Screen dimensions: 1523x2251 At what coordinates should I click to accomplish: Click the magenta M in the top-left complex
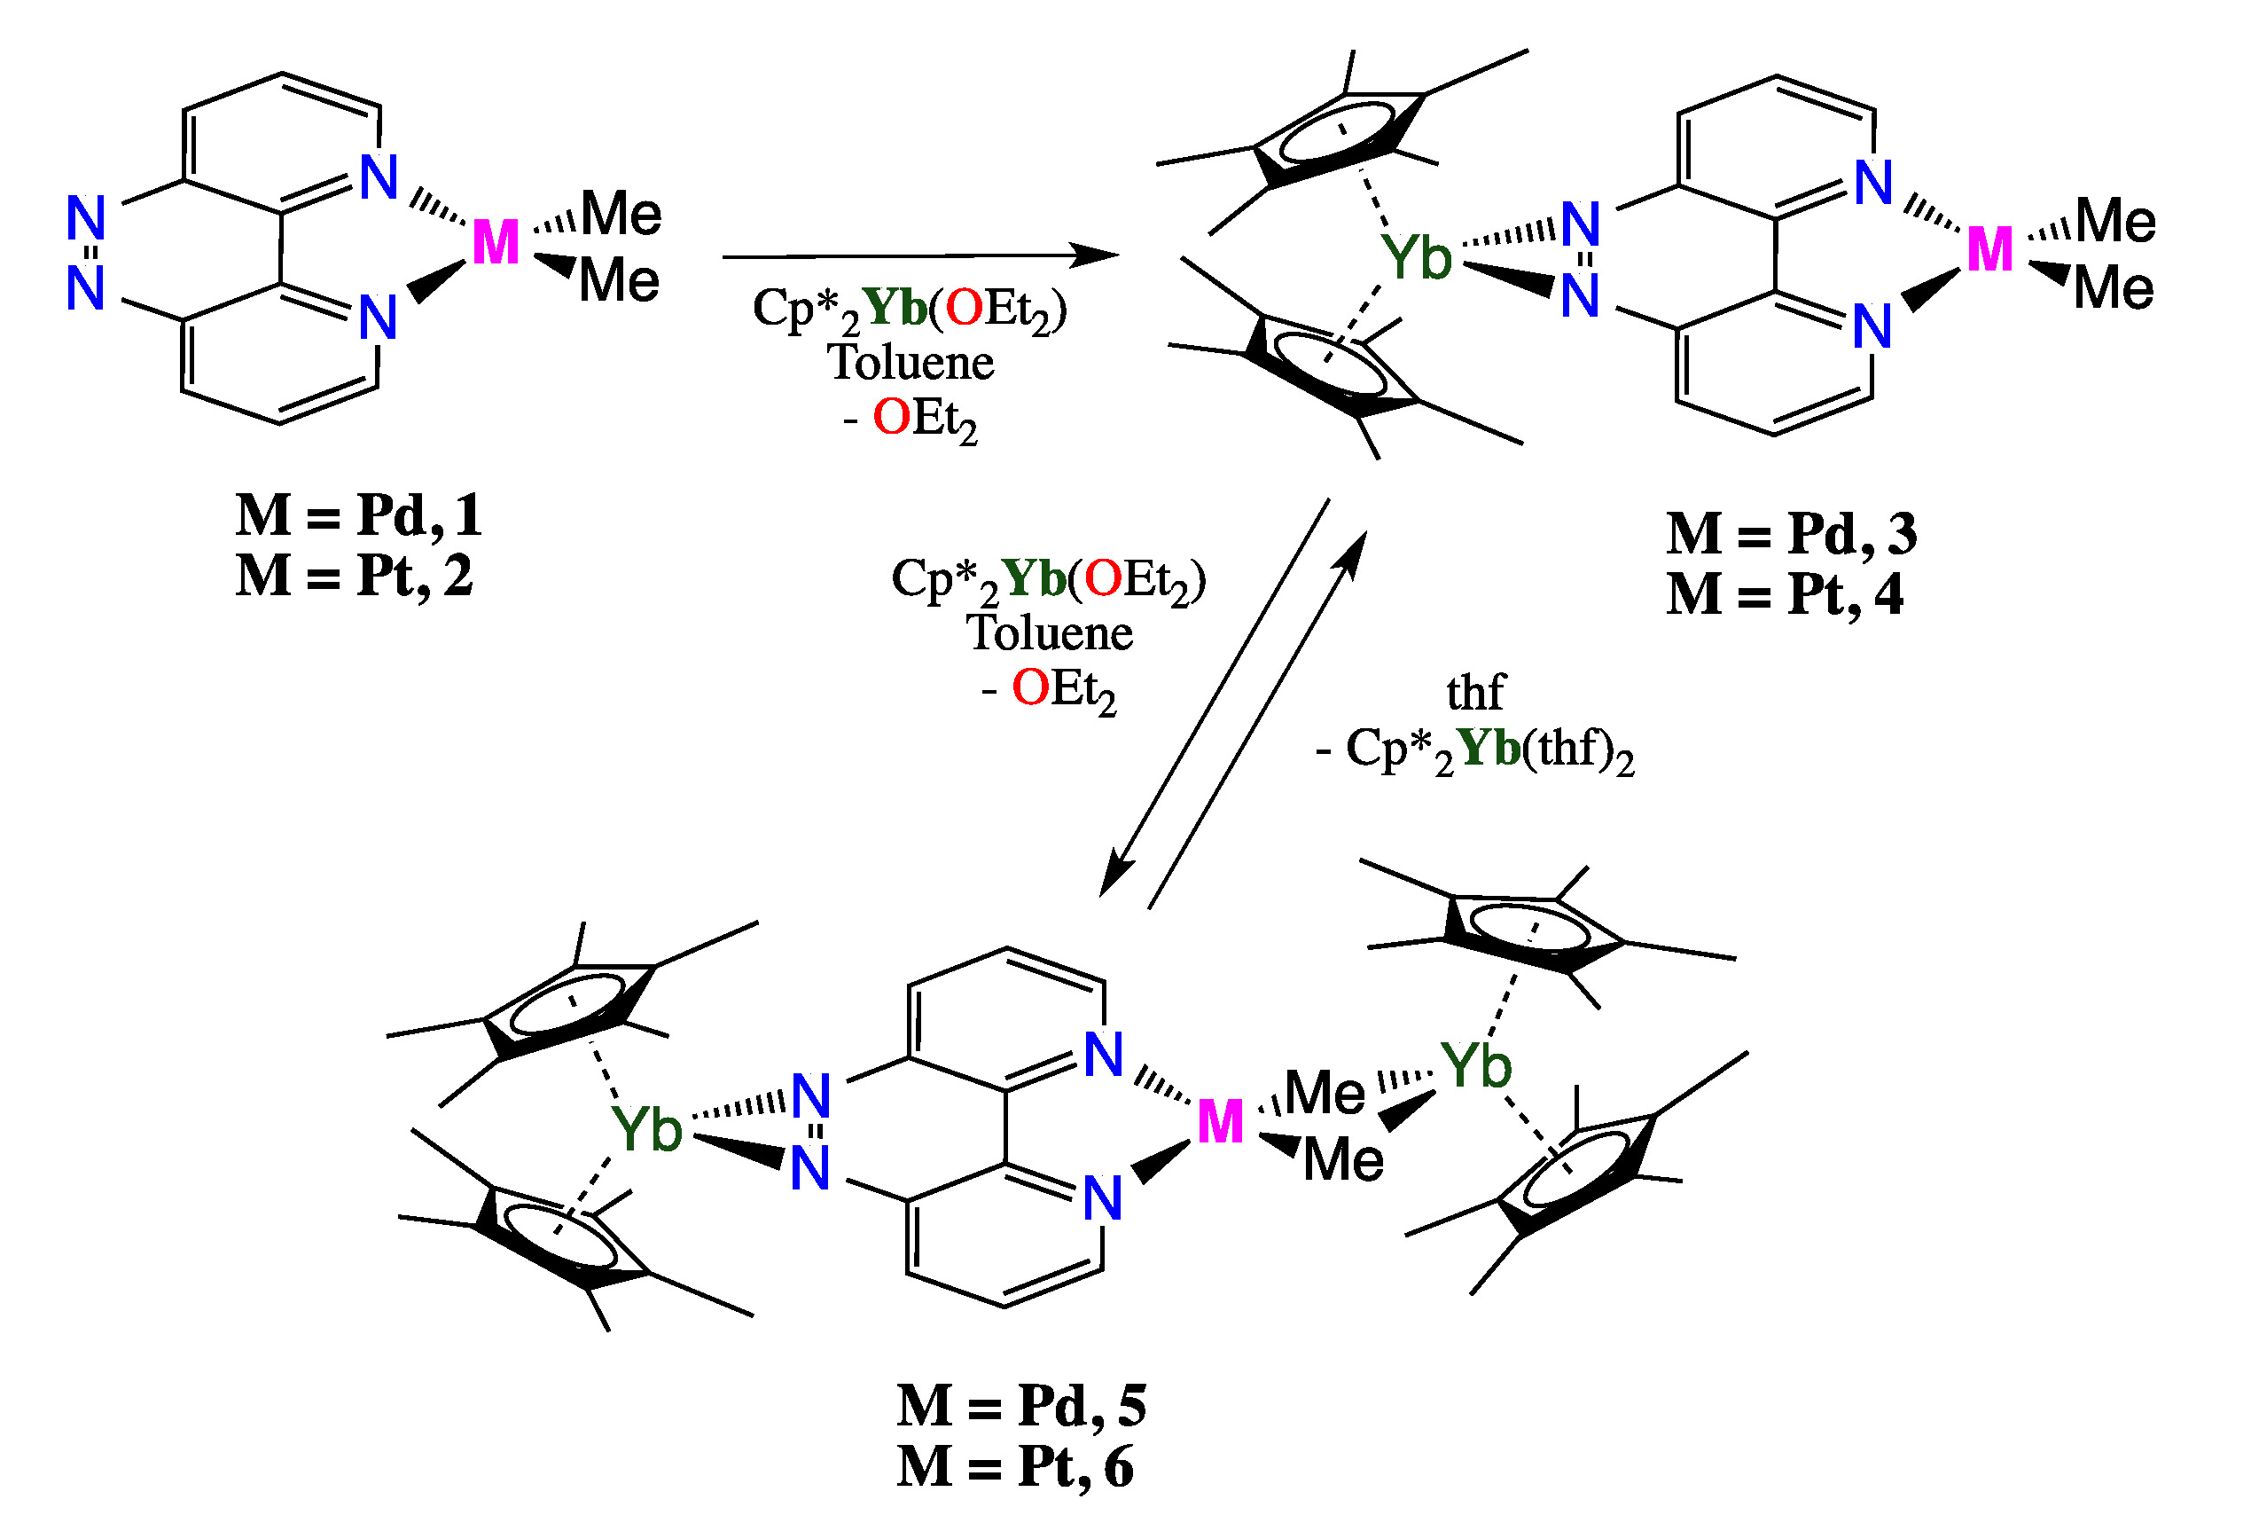click(x=495, y=243)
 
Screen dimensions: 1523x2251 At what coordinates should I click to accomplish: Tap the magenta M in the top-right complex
click(x=1989, y=250)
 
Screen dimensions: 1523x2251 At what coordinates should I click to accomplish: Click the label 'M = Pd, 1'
click(x=358, y=515)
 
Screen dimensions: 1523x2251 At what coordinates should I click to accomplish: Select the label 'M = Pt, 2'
click(x=355, y=577)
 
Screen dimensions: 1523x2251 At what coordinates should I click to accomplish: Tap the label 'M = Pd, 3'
click(x=1791, y=534)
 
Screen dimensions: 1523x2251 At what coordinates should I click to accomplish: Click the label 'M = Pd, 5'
click(x=1021, y=1406)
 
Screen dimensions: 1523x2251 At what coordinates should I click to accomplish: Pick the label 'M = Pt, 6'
click(x=1015, y=1468)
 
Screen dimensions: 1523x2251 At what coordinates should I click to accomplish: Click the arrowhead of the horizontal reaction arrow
click(x=1099, y=255)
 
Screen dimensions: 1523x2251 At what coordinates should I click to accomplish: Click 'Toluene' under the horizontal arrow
click(x=911, y=364)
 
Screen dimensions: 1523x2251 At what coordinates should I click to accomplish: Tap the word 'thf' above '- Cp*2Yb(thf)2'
click(x=1474, y=693)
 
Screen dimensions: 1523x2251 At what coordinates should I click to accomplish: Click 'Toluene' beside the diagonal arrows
click(x=1049, y=633)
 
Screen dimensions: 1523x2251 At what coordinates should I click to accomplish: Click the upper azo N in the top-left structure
click(x=85, y=217)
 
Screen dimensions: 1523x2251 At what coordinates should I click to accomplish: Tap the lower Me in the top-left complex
click(x=619, y=281)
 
